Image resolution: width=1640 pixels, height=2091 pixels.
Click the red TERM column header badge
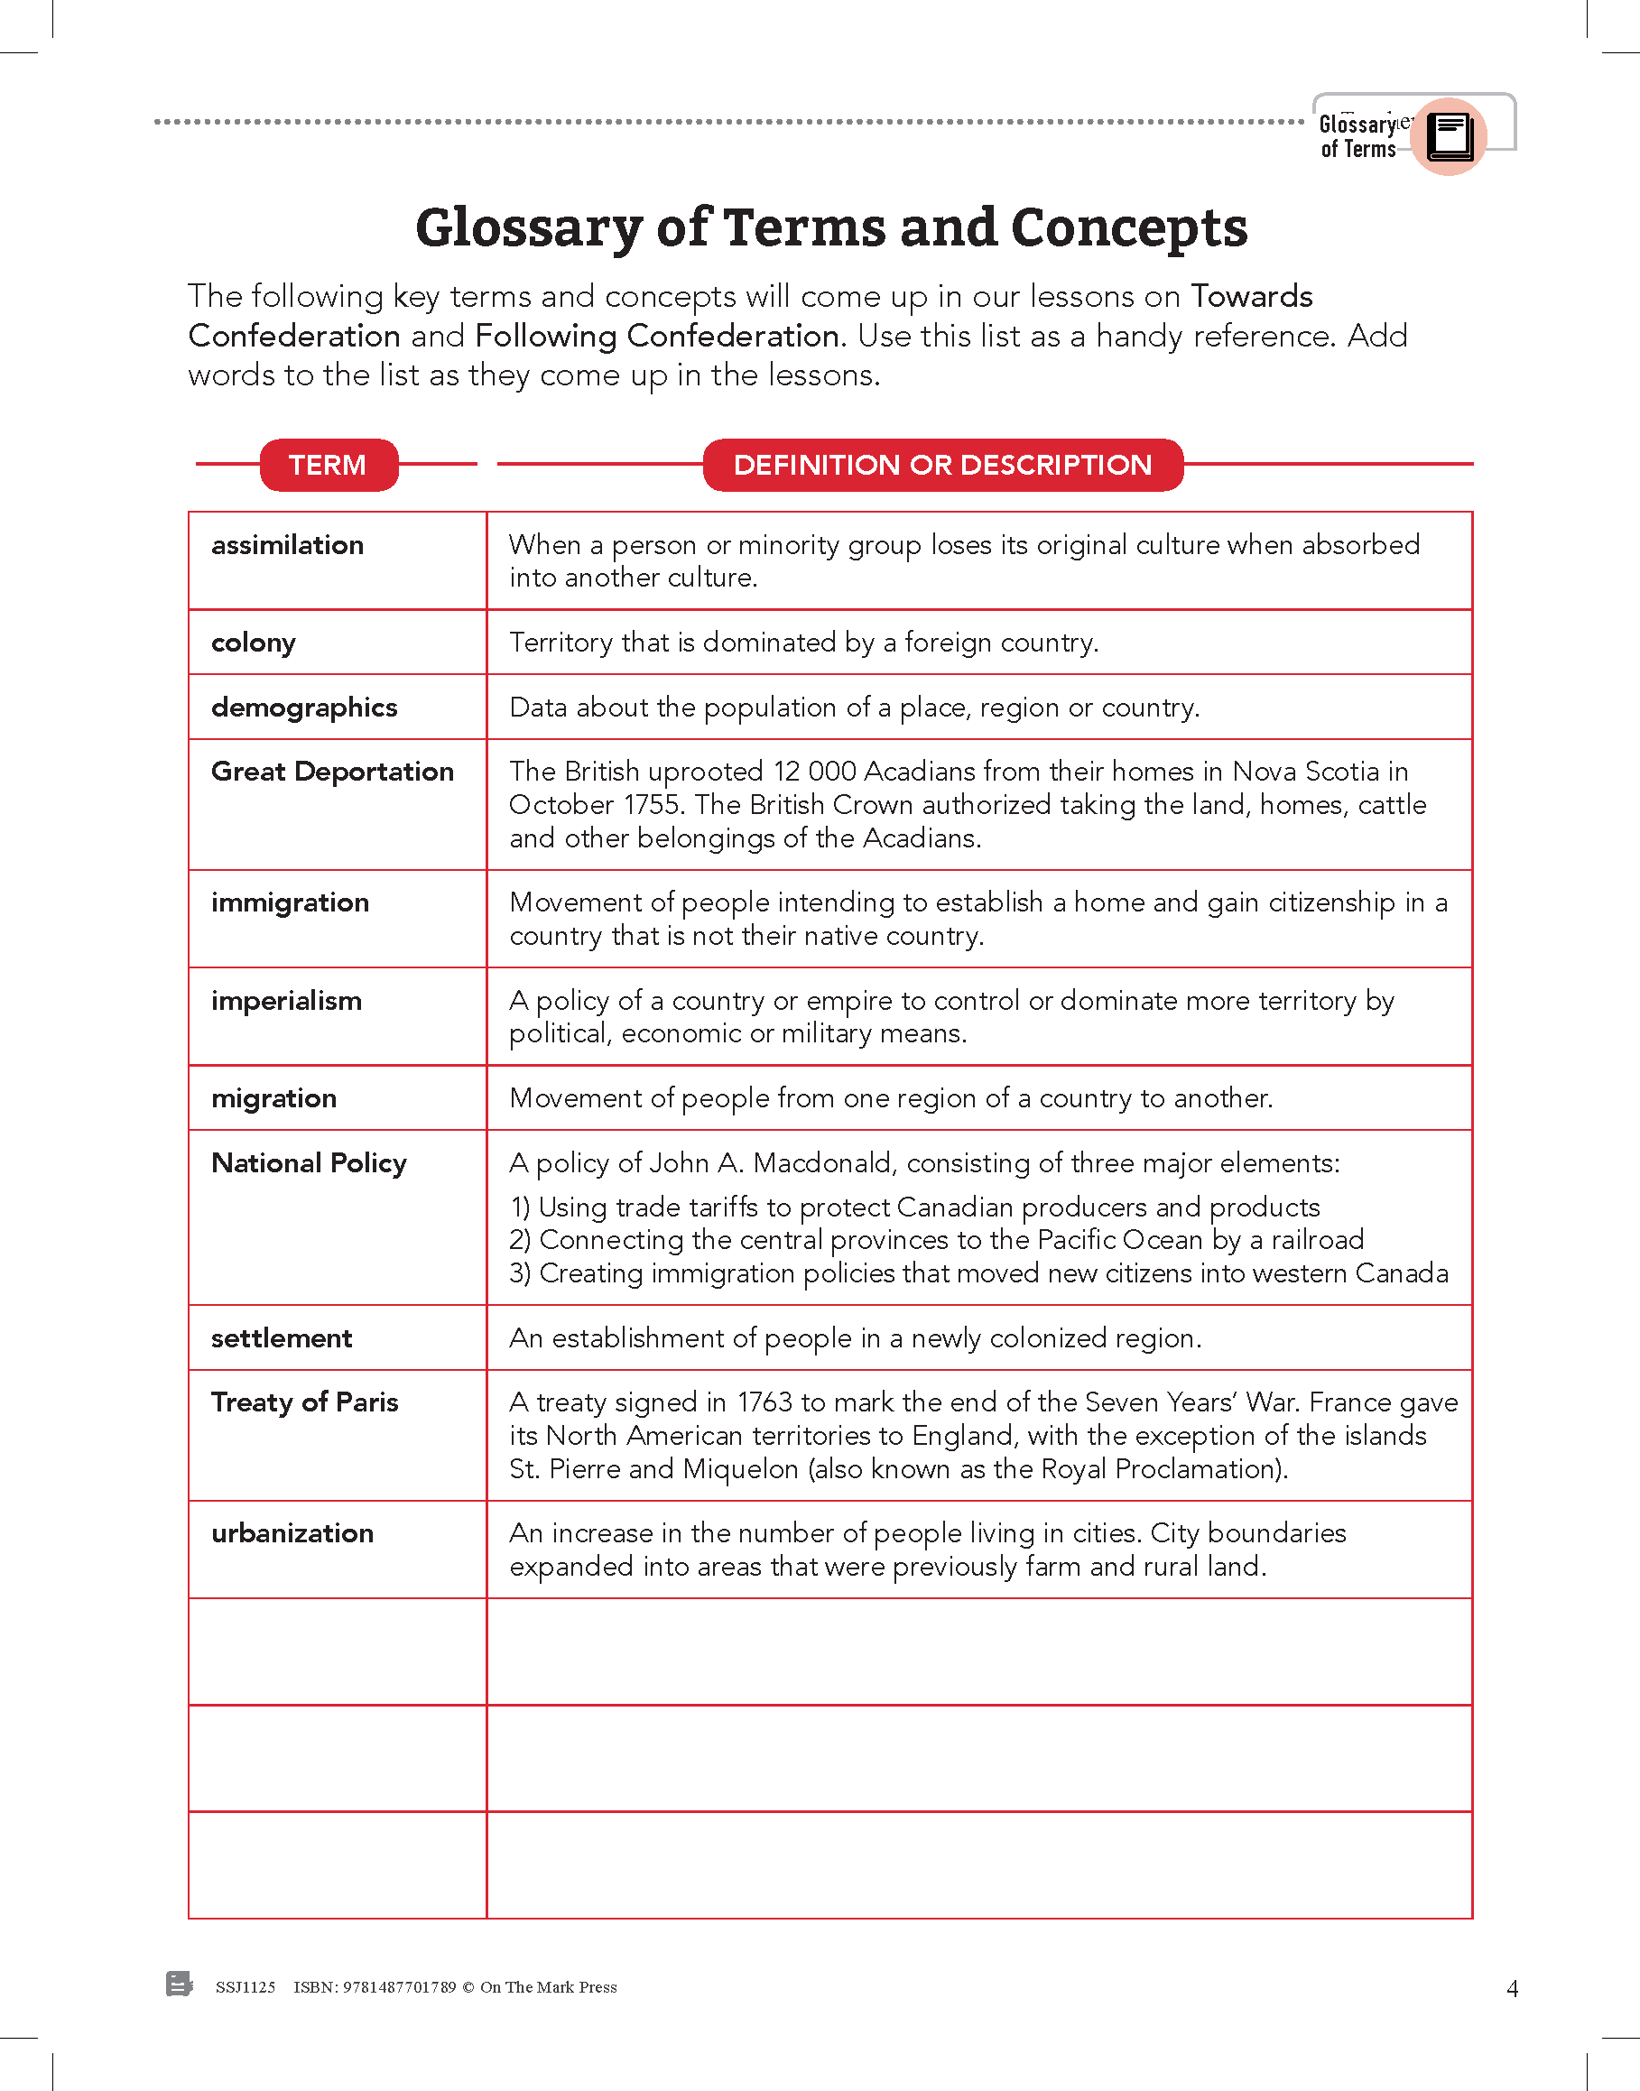click(329, 465)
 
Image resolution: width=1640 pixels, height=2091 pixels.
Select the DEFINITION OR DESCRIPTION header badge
click(942, 465)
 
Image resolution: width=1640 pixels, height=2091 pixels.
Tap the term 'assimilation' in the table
click(287, 545)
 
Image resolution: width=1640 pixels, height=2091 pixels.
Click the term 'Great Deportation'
click(331, 772)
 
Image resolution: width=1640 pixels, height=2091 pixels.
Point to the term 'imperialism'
click(286, 1001)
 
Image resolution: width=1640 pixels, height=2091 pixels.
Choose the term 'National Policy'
click(308, 1162)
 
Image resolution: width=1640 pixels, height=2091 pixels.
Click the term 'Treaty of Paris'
click(304, 1402)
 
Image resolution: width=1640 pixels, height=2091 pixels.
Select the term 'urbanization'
click(292, 1533)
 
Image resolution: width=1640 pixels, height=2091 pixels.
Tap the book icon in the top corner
click(1449, 136)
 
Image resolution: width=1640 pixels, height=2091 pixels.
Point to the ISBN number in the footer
click(375, 1987)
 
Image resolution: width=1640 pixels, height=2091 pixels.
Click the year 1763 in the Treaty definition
click(764, 1402)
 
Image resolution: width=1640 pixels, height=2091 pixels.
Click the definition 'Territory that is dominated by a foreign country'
click(802, 643)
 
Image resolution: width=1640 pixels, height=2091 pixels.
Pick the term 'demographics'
click(303, 708)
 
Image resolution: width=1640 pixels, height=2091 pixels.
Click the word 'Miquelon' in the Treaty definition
click(740, 1469)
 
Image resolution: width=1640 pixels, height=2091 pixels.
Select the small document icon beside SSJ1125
click(179, 1984)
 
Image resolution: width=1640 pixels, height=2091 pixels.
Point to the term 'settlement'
click(282, 1338)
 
